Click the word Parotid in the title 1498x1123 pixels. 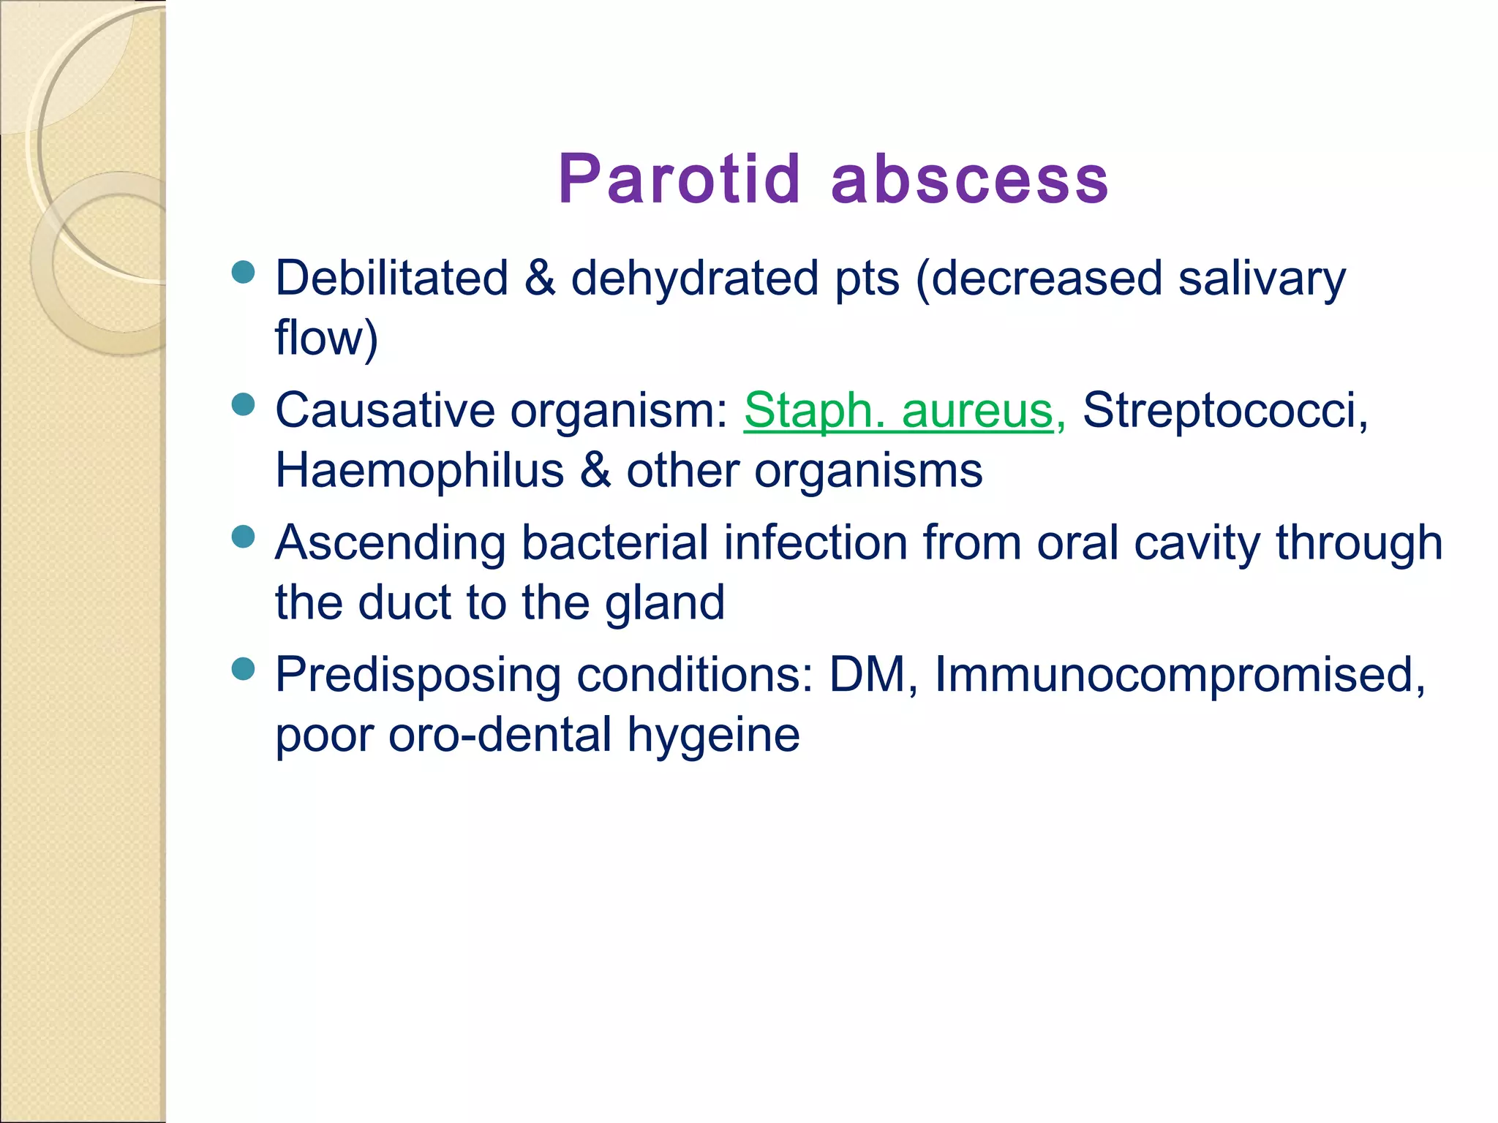[680, 179]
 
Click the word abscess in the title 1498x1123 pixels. [970, 179]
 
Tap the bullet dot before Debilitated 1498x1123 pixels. [243, 272]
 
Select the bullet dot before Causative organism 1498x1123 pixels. [243, 404]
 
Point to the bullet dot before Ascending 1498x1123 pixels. [243, 537]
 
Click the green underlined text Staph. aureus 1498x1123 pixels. [898, 411]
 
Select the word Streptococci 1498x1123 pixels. [1224, 411]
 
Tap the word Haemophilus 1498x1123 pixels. [419, 470]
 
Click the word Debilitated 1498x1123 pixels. [391, 279]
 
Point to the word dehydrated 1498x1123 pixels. [694, 279]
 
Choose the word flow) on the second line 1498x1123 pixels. [326, 339]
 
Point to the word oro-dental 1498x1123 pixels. [500, 736]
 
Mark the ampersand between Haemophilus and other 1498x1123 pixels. [595, 470]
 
